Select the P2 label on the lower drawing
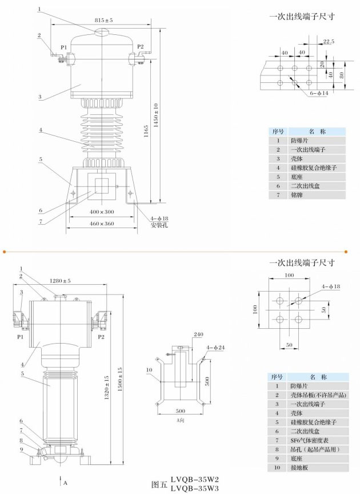[x=101, y=337]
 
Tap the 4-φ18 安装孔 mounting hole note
[x=160, y=221]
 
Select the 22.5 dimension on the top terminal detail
[x=328, y=41]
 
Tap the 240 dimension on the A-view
[x=198, y=334]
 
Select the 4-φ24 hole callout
[x=215, y=347]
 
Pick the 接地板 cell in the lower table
[x=300, y=468]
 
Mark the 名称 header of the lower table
[x=317, y=377]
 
